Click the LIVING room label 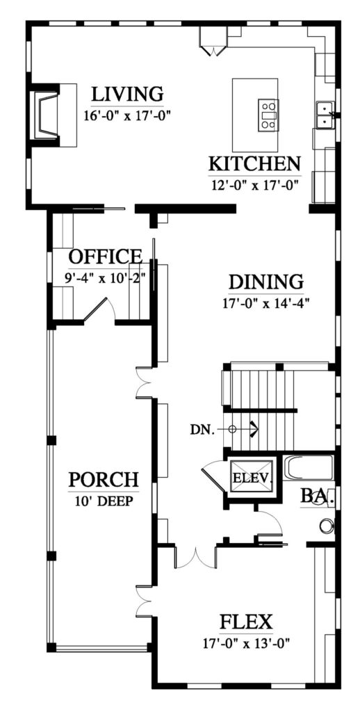[127, 94]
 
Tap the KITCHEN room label [254, 163]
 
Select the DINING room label [265, 282]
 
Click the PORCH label [104, 479]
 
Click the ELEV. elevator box [252, 477]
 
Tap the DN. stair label [202, 430]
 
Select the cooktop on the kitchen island [268, 115]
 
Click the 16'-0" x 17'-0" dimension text [127, 115]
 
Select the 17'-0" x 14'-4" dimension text [265, 303]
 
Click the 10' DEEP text [104, 501]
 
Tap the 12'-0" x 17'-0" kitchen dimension [254, 185]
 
